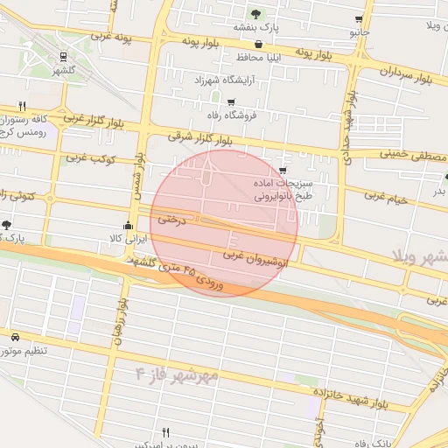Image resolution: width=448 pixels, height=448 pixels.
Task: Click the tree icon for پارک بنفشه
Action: coord(256,14)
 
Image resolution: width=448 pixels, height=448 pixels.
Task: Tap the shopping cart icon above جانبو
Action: coord(360,19)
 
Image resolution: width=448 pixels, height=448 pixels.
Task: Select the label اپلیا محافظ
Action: coord(257,58)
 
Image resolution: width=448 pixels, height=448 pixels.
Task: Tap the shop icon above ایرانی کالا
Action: coord(129,224)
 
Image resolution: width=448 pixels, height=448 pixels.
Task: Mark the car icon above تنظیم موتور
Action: coord(15,337)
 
